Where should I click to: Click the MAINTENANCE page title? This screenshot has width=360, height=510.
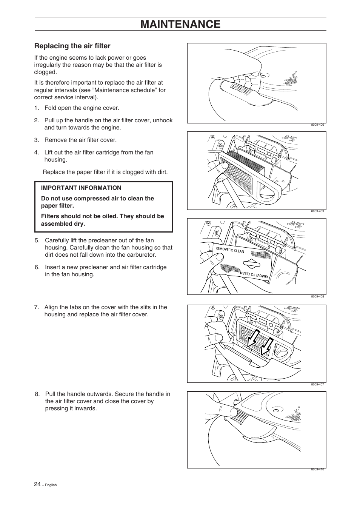180,24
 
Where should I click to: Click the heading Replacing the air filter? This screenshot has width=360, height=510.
72,46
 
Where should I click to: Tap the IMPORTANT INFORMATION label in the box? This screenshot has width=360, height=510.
81,188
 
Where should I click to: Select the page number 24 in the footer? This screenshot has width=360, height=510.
37,484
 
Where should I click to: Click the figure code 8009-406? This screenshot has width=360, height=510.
317,125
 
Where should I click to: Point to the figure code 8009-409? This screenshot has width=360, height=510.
317,211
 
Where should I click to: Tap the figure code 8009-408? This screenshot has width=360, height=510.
317,297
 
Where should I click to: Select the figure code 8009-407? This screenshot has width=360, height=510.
317,385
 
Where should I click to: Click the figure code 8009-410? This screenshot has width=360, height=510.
317,470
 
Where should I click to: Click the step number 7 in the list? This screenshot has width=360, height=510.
36,307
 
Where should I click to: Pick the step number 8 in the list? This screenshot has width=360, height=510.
37,394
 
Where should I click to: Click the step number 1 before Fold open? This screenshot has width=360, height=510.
36,108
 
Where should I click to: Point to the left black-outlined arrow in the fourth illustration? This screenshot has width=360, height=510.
252,338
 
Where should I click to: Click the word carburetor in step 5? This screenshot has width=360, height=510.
142,255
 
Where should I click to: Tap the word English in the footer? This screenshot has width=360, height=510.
51,485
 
